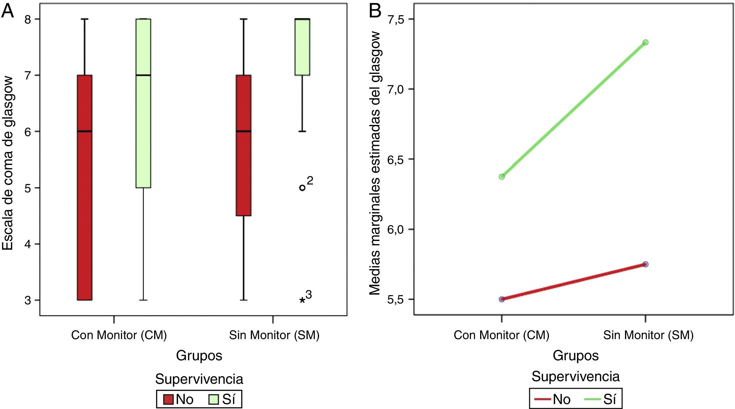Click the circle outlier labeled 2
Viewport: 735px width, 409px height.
[x=302, y=188]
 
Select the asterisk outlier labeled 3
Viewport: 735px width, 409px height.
[x=302, y=300]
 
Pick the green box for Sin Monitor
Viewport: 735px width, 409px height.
[x=302, y=47]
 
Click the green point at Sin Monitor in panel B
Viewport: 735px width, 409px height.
[x=645, y=42]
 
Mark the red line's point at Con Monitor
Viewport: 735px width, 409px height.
[x=502, y=299]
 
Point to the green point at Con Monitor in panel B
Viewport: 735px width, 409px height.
[x=502, y=177]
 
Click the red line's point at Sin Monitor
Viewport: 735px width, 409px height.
[x=645, y=264]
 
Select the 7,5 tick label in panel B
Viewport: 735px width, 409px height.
[x=396, y=19]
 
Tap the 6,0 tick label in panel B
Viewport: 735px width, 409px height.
[x=396, y=229]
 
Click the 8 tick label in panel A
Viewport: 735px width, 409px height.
[x=28, y=19]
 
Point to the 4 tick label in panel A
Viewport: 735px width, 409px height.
[x=28, y=244]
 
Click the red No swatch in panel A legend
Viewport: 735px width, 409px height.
[x=168, y=399]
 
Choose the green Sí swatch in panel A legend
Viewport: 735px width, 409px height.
[x=213, y=399]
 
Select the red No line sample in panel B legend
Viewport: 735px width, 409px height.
[x=542, y=399]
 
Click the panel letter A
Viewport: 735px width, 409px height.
[x=8, y=12]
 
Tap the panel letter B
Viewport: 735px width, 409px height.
[x=374, y=12]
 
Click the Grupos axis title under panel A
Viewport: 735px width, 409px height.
[x=199, y=355]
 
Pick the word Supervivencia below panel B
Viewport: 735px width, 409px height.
[x=575, y=377]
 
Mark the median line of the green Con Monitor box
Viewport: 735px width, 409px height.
[x=143, y=75]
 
